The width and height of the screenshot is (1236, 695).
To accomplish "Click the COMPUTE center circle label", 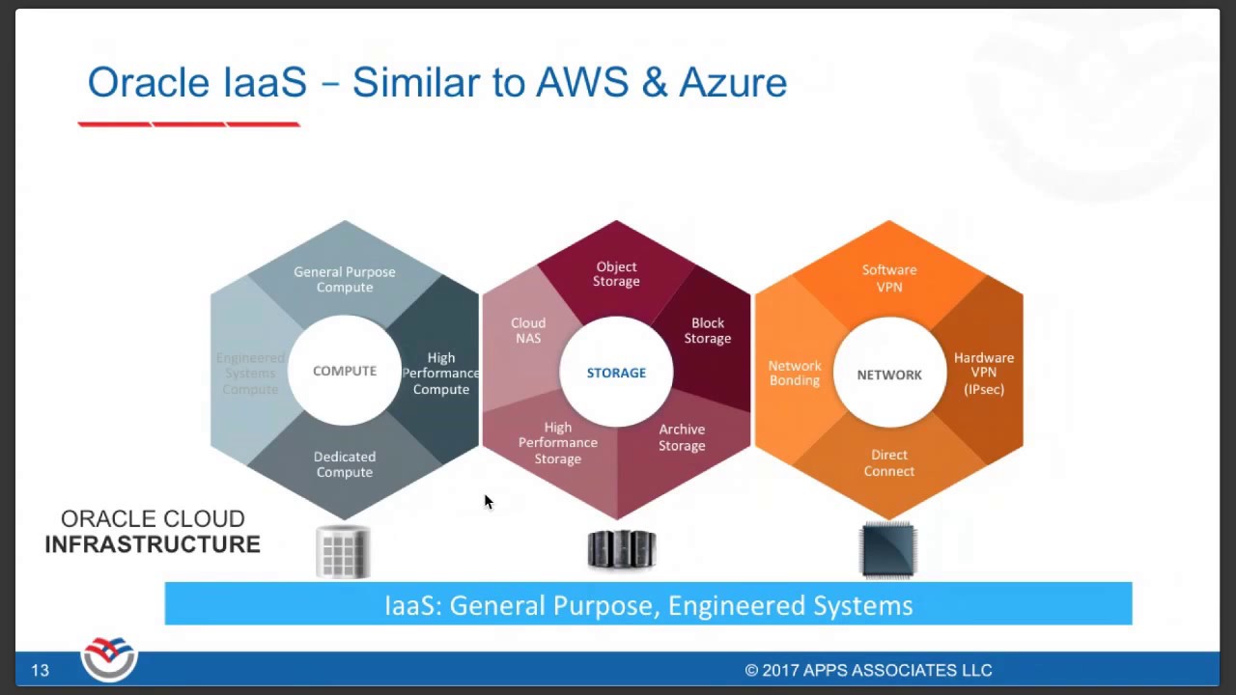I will coord(345,372).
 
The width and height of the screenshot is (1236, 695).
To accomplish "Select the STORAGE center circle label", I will coord(616,373).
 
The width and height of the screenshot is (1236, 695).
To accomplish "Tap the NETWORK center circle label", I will coord(889,375).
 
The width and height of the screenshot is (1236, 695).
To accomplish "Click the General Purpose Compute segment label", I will coord(345,280).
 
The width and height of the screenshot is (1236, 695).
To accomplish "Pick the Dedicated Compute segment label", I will coord(345,464).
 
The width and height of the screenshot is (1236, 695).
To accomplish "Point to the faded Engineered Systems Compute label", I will coord(250,374).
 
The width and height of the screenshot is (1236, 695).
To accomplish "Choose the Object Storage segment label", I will coord(616,274).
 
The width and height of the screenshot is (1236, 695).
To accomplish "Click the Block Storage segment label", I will coord(708,331).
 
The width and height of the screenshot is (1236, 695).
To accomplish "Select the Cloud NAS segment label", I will coord(528,331).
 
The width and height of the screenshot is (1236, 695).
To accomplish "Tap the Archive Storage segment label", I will coord(682,437).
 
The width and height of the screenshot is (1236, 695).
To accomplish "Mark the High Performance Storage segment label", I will coord(558,443).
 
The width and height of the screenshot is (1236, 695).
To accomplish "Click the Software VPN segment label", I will coord(889,278).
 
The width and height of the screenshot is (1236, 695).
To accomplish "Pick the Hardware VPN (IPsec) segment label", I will coord(984,374).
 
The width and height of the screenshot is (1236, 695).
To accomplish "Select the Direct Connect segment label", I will coord(889,463).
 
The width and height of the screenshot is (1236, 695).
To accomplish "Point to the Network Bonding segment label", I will coord(795,374).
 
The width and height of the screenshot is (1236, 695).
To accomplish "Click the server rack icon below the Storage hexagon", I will coord(621,549).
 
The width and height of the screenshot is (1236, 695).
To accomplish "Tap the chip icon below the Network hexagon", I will coord(888,550).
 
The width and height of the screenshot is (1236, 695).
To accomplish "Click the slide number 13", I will coord(40,670).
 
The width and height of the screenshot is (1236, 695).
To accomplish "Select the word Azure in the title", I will coord(733,83).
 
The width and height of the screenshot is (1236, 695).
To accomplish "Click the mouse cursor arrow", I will coord(488,501).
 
